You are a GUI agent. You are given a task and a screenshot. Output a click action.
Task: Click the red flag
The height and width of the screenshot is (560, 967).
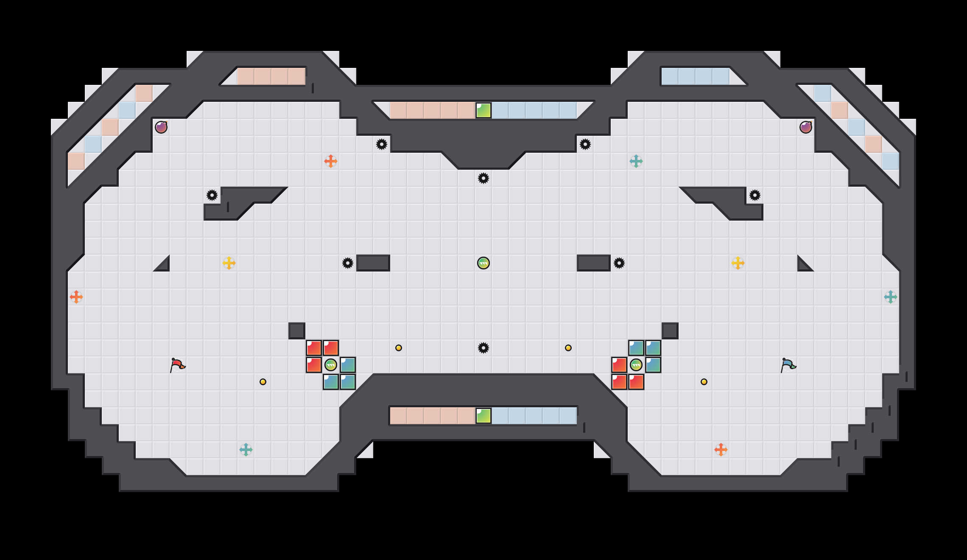[x=177, y=365]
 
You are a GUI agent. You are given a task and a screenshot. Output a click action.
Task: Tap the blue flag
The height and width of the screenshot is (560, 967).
[x=788, y=365]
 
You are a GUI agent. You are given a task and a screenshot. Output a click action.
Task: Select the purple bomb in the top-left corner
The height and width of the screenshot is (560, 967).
[x=161, y=127]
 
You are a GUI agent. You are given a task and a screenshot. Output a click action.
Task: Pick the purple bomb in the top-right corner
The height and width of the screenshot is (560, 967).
[x=806, y=127]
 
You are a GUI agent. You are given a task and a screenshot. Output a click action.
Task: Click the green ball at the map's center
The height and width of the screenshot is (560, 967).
[x=483, y=263]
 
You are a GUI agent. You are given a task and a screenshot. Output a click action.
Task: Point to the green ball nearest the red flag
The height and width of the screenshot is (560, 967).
[x=331, y=365]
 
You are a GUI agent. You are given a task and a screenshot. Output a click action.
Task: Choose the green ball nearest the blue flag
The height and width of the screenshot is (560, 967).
[x=636, y=365]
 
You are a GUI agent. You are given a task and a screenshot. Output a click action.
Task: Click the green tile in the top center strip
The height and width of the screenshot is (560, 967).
[x=483, y=110]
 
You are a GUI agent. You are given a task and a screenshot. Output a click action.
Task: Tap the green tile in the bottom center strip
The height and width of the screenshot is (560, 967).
[x=483, y=416]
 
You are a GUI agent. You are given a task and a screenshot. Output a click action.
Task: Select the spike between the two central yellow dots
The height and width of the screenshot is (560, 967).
[x=483, y=348]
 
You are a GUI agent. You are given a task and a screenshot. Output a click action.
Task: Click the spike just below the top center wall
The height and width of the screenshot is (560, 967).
[x=483, y=178]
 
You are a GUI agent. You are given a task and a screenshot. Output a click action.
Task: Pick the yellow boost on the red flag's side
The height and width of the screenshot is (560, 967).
[x=229, y=263]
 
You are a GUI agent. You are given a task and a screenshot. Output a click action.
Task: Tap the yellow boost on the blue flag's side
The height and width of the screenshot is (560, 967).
[x=738, y=263]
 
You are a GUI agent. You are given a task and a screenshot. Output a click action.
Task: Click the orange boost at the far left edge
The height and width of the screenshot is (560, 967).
[x=76, y=297]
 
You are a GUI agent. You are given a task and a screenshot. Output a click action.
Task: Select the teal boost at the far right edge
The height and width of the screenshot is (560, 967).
[x=891, y=297]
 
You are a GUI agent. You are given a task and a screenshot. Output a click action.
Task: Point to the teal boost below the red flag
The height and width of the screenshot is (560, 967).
[x=246, y=450]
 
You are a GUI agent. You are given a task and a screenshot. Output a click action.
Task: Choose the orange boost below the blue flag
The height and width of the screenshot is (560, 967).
[x=721, y=450]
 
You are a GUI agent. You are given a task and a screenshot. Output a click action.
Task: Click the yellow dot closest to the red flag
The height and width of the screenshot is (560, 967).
[x=263, y=382]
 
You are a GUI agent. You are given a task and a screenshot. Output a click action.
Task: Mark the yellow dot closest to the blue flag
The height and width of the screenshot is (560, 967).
[x=704, y=382]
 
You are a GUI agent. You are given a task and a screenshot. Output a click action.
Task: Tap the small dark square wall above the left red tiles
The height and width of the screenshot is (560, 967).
[x=297, y=331]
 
